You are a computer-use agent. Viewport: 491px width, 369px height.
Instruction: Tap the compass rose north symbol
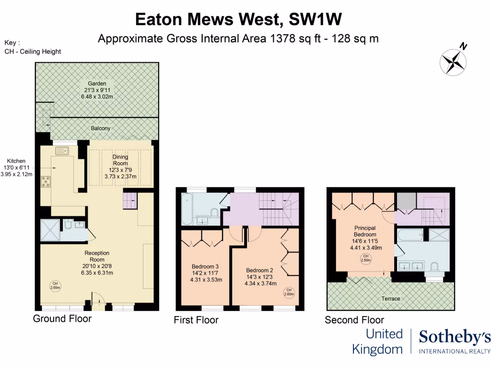click(x=454, y=61)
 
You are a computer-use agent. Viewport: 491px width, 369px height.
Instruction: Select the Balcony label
click(x=101, y=128)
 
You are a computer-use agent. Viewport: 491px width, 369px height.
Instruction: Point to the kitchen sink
click(x=62, y=151)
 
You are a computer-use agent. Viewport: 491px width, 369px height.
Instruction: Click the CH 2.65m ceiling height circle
click(x=56, y=285)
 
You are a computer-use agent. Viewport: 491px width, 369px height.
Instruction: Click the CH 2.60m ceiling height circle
click(x=289, y=292)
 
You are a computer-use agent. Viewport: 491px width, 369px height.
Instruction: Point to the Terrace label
click(x=390, y=299)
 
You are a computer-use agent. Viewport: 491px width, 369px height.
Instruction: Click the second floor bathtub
click(x=409, y=235)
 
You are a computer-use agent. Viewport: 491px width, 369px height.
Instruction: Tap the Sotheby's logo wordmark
click(x=455, y=338)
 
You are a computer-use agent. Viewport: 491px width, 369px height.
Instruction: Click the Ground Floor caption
click(x=62, y=319)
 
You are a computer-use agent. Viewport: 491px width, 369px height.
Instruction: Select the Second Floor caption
click(x=354, y=320)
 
